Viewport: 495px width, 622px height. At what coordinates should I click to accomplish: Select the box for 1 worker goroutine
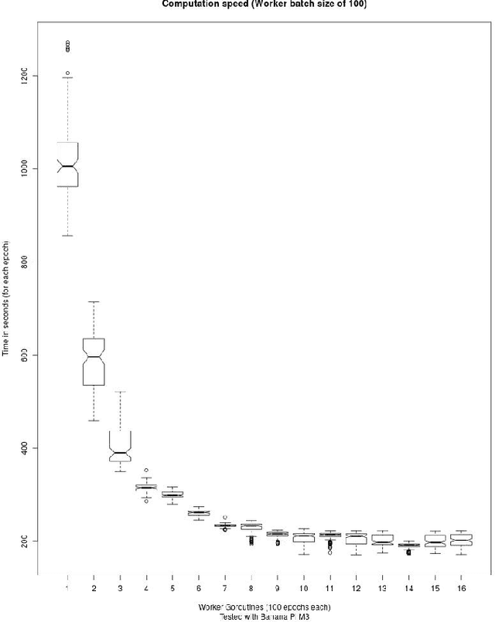tap(67, 165)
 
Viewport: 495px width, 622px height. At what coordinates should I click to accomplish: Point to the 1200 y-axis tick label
tap(25, 76)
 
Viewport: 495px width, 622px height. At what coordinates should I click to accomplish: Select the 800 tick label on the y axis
tap(25, 262)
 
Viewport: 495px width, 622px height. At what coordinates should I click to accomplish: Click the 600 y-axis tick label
tap(25, 355)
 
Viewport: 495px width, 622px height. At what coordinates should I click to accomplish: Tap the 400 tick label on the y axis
tap(25, 448)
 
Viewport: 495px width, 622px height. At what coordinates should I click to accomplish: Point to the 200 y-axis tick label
tap(25, 541)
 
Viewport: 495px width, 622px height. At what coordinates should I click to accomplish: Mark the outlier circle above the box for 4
tap(146, 470)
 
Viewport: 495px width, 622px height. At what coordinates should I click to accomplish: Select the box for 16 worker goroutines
tap(461, 539)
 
